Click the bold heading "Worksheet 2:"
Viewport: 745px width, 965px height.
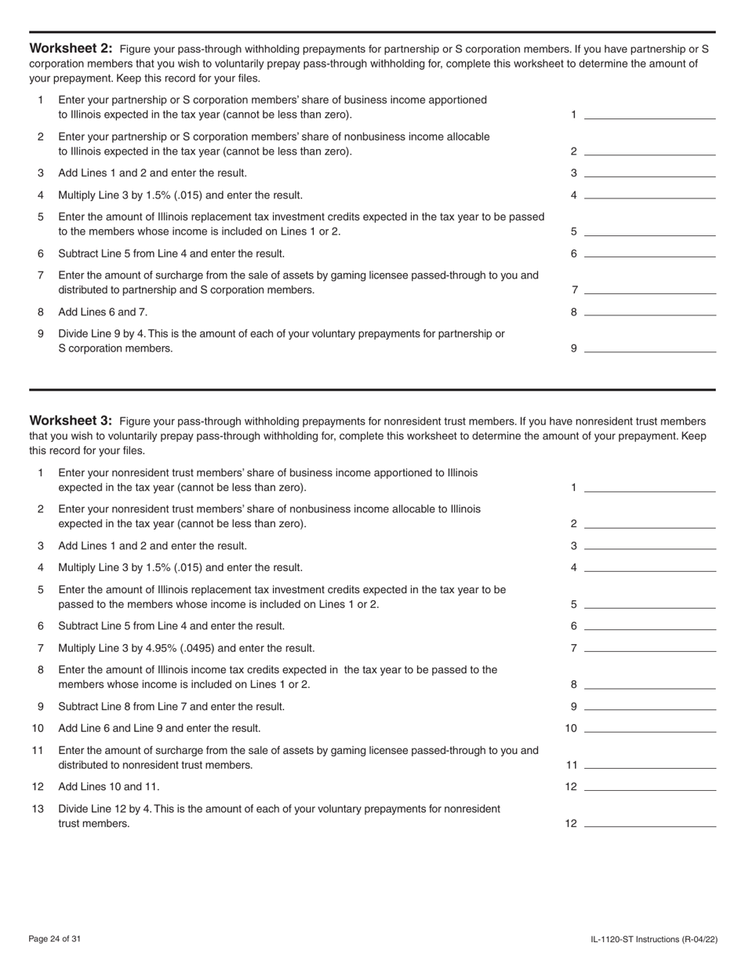tap(71, 49)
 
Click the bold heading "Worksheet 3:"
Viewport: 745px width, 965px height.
tap(71, 421)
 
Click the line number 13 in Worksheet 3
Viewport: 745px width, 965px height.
tap(38, 809)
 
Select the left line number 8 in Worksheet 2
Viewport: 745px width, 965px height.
tap(41, 311)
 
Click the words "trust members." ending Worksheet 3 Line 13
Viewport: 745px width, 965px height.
tap(94, 824)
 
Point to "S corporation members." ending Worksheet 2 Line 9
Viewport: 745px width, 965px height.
tap(115, 348)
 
